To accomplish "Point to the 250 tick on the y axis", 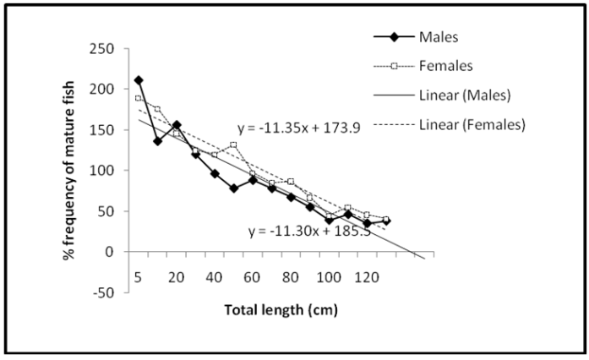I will click(105, 48).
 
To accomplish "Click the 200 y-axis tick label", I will click(105, 89).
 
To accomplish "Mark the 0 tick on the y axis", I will click(111, 252).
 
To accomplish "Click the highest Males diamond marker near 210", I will click(139, 80).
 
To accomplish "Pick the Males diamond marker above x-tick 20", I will click(177, 125).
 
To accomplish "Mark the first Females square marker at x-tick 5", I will click(139, 98).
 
